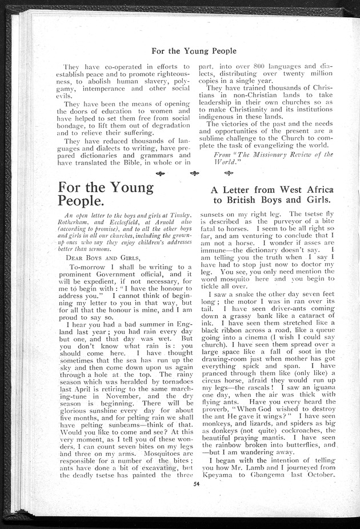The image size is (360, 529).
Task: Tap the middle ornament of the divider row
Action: tap(195, 173)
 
